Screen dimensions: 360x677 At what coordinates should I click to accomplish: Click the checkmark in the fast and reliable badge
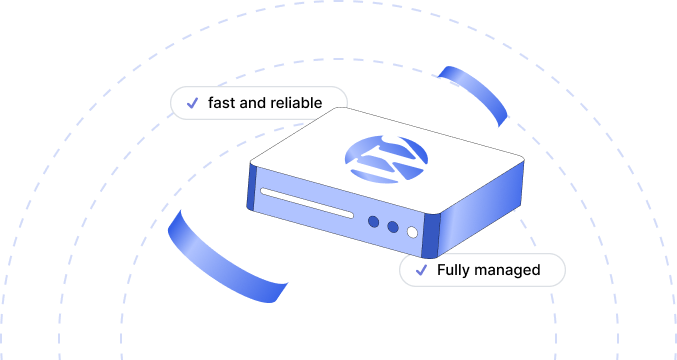pyautogui.click(x=191, y=104)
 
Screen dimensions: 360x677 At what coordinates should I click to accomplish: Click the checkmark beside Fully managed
pyautogui.click(x=421, y=270)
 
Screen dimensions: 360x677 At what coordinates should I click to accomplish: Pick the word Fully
pyautogui.click(x=454, y=270)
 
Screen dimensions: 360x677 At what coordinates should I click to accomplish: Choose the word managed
pyautogui.click(x=509, y=270)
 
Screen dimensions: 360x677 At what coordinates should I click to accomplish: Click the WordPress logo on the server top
pyautogui.click(x=387, y=157)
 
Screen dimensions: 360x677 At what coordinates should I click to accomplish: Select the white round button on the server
pyautogui.click(x=412, y=233)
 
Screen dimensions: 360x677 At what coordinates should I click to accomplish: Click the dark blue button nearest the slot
pyautogui.click(x=373, y=221)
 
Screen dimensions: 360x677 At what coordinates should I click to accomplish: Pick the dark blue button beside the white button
pyautogui.click(x=393, y=227)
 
